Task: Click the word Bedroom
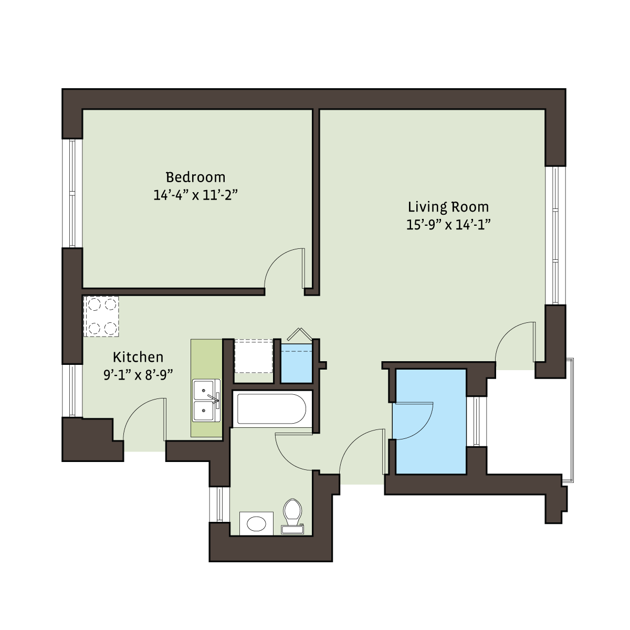[x=195, y=177]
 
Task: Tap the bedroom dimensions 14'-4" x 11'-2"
[x=195, y=195]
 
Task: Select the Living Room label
[x=448, y=207]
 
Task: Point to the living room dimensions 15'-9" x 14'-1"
[x=448, y=225]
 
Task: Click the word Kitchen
[x=138, y=357]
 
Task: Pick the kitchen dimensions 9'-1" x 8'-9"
[x=138, y=375]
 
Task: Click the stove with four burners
[x=101, y=316]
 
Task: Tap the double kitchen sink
[x=206, y=401]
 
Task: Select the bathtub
[x=272, y=408]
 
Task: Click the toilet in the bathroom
[x=292, y=517]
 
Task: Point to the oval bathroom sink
[x=256, y=524]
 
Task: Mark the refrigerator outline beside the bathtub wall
[x=254, y=356]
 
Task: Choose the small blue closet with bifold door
[x=297, y=363]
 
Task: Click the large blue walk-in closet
[x=429, y=422]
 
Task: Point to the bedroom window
[x=72, y=194]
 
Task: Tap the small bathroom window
[x=219, y=505]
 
